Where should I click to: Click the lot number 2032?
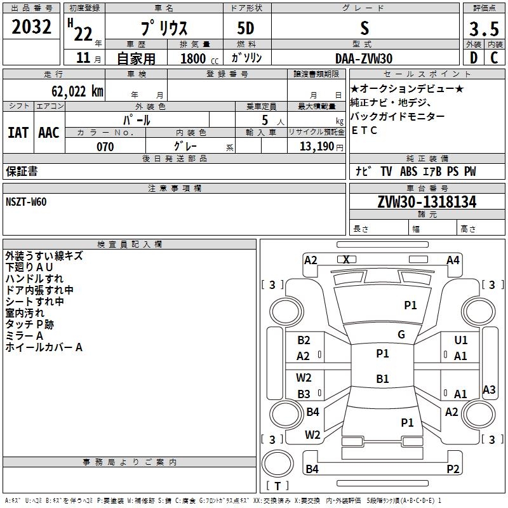coord(31,27)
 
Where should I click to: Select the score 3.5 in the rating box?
coord(484,29)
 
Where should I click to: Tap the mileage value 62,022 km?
coord(77,91)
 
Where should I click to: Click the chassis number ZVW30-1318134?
coord(427,202)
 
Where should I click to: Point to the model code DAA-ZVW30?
coord(364,58)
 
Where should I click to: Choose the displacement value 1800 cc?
coord(199,58)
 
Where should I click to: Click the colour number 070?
coord(105,147)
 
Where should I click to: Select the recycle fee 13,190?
coord(317,147)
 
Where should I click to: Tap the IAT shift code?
coord(18,133)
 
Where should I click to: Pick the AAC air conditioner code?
coord(49,133)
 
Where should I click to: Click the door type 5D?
coord(246,28)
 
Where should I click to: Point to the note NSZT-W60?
coord(26,202)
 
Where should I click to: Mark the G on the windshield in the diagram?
coord(401,335)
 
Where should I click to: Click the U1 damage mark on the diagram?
coord(461,340)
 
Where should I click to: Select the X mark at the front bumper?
coord(346,260)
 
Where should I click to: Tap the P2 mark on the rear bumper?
coord(453,469)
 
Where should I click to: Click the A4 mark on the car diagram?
coord(453,260)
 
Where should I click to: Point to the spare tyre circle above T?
coord(277,464)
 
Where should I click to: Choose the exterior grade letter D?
coord(474,58)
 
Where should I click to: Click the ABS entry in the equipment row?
coord(408,171)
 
